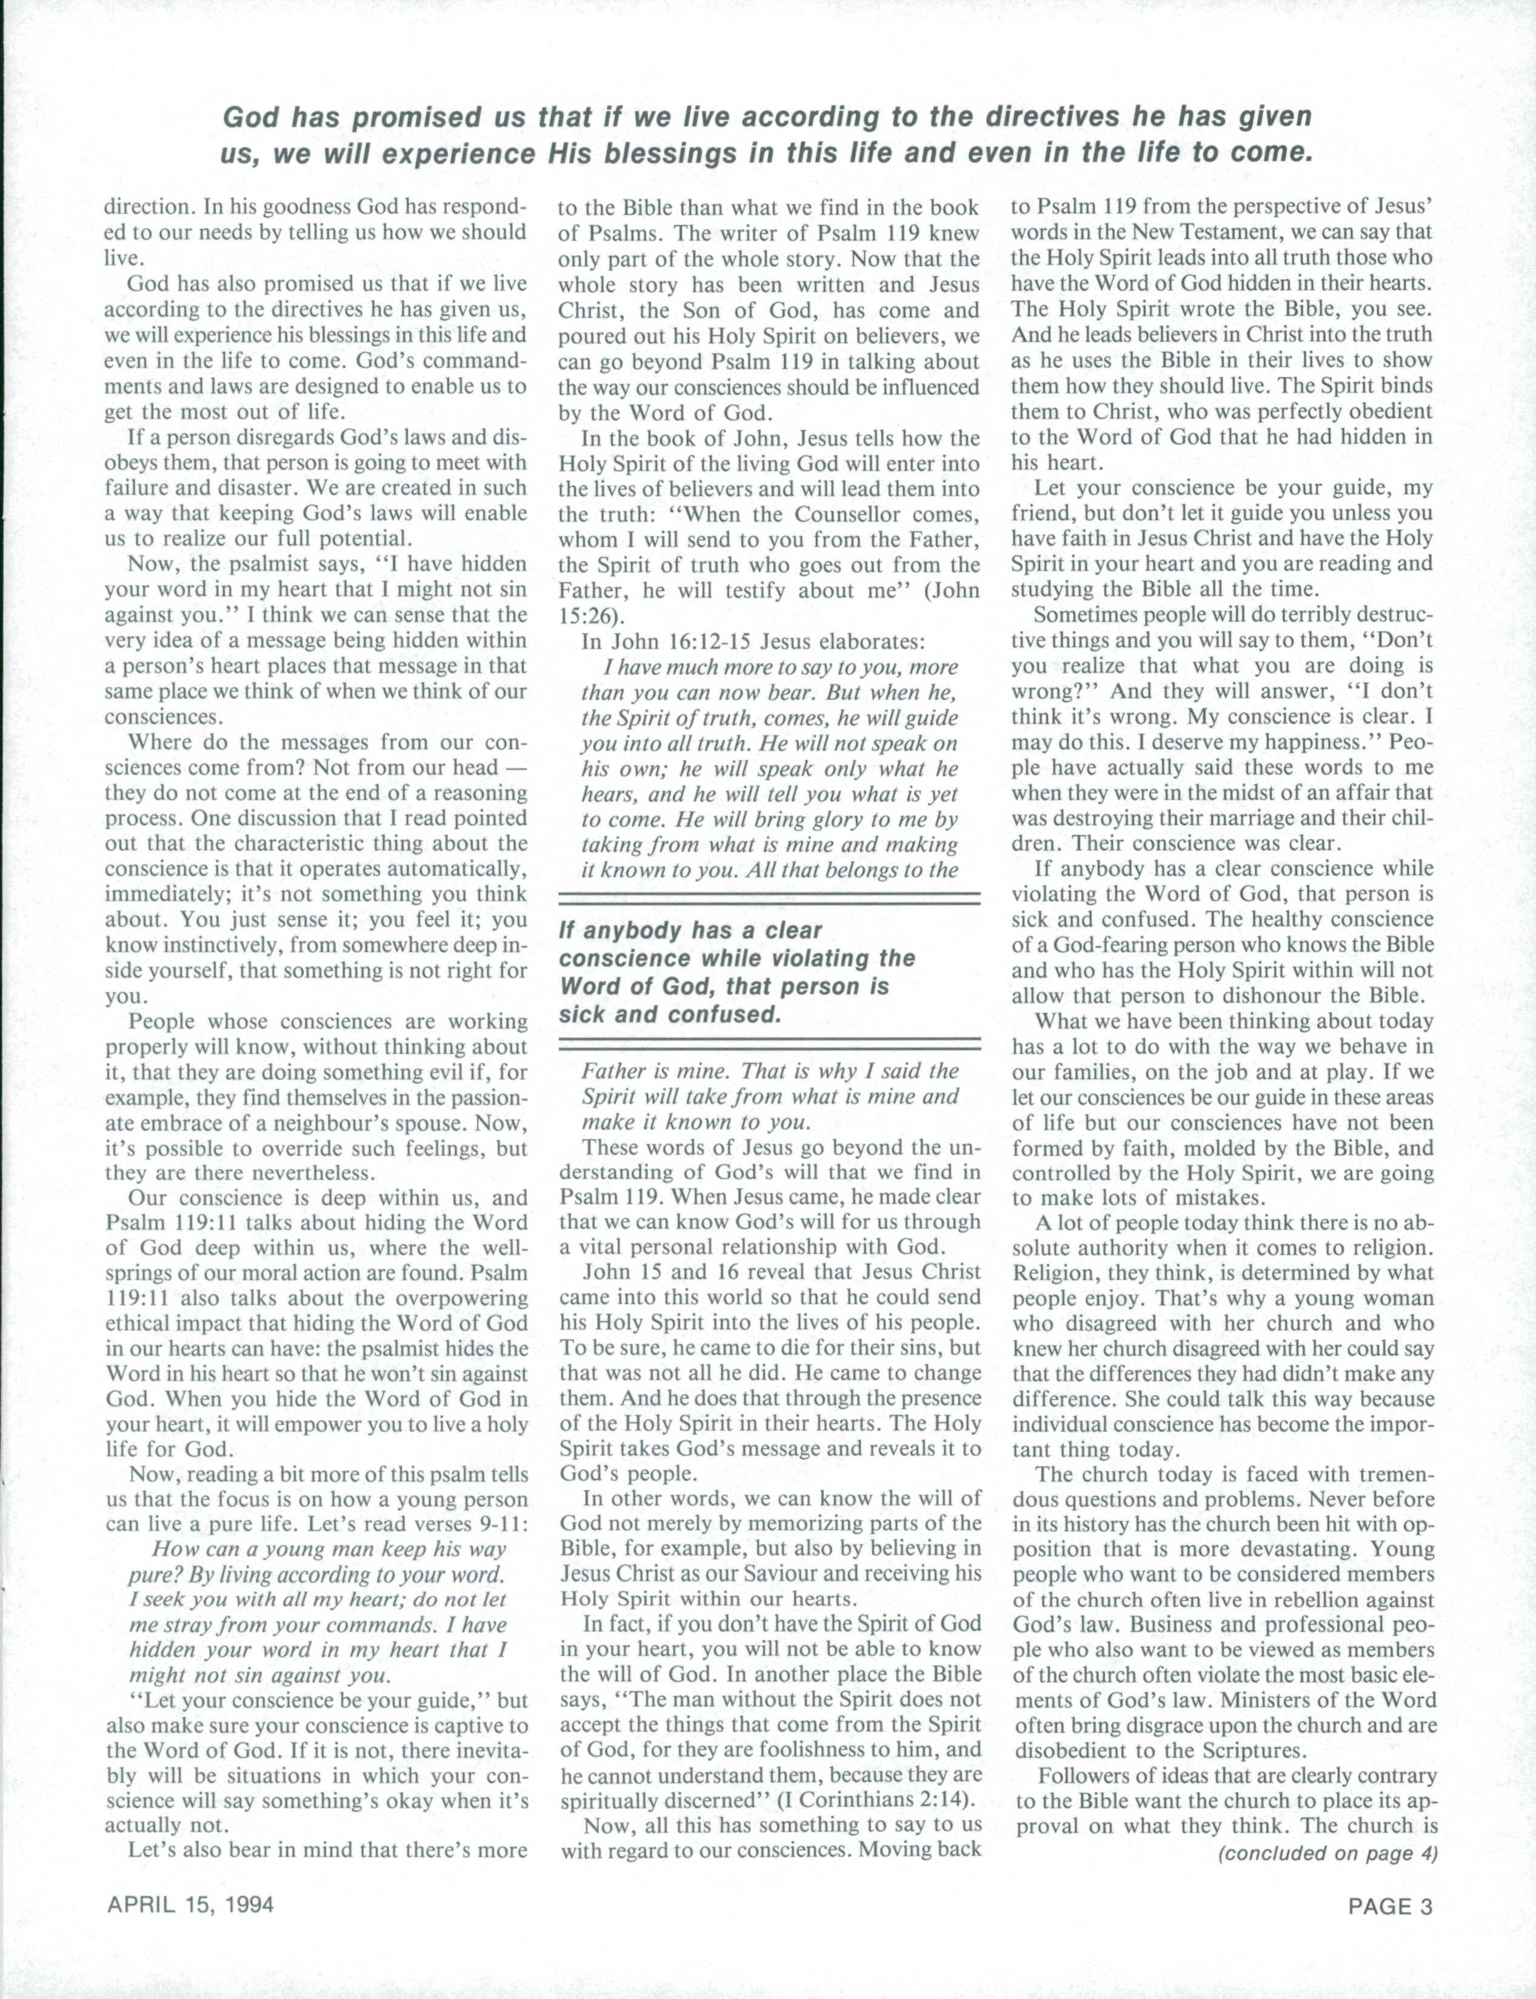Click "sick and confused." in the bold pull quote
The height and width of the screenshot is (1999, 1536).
[x=670, y=1015]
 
